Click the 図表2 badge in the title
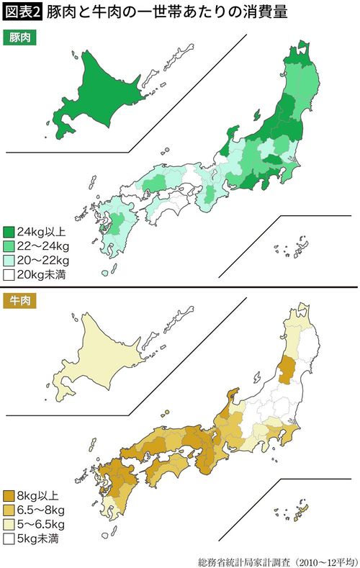point(22,10)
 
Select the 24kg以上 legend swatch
point(9,232)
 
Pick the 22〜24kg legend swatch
point(9,246)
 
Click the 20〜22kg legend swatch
point(9,260)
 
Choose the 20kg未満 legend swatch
point(9,274)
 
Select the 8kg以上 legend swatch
point(9,495)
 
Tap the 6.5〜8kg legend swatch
point(9,509)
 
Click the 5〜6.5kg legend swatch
point(9,523)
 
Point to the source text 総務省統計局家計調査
point(239,559)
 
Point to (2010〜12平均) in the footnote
point(323,559)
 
